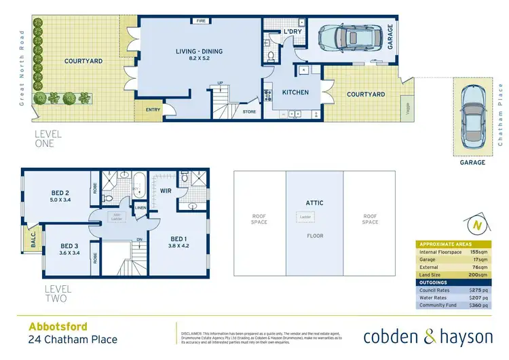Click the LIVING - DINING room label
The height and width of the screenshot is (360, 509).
(200, 51)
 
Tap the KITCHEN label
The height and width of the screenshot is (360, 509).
(295, 92)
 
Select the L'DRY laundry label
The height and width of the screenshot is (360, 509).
(293, 32)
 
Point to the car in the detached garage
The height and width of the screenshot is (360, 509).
(472, 118)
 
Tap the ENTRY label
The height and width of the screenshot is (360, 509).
(152, 110)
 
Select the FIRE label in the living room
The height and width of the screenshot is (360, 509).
(201, 21)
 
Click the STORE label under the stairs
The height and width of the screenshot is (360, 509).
(249, 110)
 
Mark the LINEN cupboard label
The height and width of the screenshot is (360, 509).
(140, 208)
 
